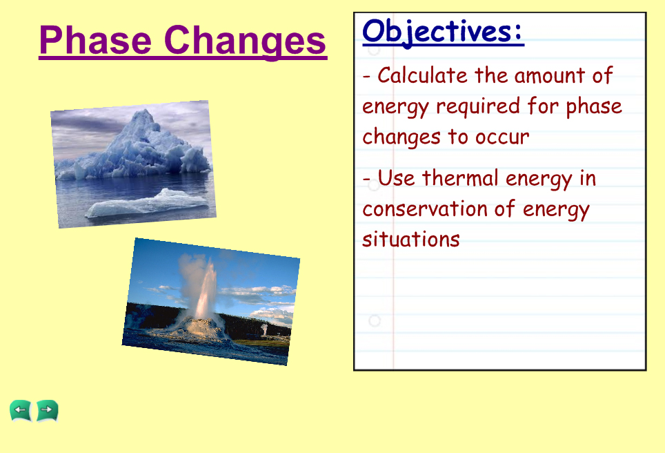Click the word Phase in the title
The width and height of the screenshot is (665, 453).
click(95, 40)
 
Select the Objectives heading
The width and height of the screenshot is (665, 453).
click(443, 32)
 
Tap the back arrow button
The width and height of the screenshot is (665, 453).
click(21, 411)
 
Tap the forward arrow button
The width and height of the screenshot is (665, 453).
click(47, 411)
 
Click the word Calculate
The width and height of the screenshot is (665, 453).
click(422, 75)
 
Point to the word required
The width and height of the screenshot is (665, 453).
click(478, 107)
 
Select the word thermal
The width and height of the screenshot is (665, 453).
click(460, 178)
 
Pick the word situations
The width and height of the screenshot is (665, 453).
click(411, 240)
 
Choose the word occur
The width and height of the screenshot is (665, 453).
click(502, 137)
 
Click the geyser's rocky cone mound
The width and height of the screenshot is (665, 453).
click(200, 328)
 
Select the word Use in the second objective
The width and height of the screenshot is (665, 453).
click(396, 178)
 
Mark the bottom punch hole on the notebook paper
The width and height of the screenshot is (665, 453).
click(374, 320)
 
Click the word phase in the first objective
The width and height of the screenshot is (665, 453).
click(594, 107)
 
